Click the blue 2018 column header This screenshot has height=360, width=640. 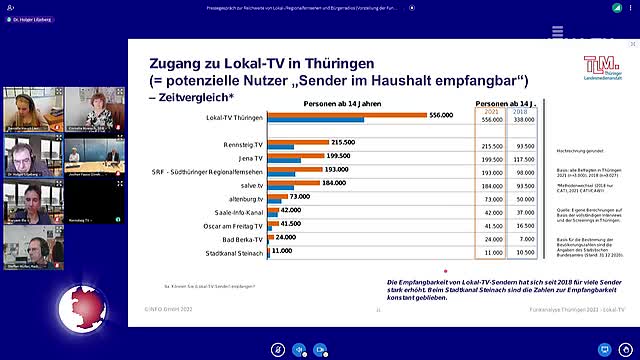pos(521,111)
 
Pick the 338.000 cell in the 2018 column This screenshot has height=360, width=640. pos(521,120)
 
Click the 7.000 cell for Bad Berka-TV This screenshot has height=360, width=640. pos(521,240)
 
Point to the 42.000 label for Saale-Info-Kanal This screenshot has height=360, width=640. pos(290,211)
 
